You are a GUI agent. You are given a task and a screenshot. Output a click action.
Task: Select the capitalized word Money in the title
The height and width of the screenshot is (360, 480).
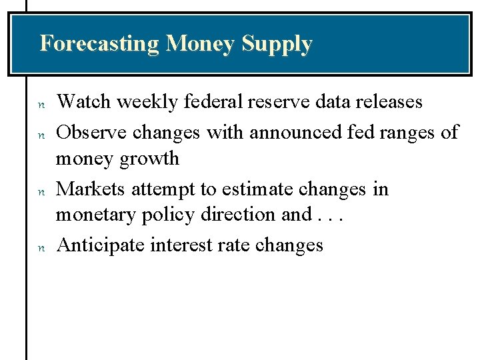click(201, 45)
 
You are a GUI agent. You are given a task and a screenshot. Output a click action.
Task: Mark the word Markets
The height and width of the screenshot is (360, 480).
click(91, 189)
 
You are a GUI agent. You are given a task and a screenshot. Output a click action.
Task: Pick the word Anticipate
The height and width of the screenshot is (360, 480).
click(101, 246)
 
